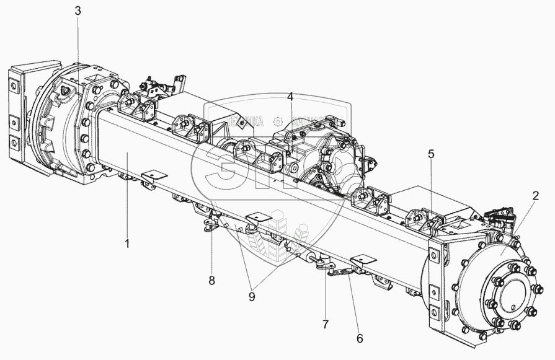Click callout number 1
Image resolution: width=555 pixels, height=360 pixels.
(127, 244)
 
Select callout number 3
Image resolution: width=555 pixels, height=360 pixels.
(77, 11)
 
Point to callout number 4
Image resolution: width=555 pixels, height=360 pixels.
(290, 97)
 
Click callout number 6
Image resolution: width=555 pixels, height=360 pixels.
(360, 338)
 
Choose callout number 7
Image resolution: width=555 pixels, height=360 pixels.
(326, 324)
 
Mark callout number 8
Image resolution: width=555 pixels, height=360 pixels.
(211, 280)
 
